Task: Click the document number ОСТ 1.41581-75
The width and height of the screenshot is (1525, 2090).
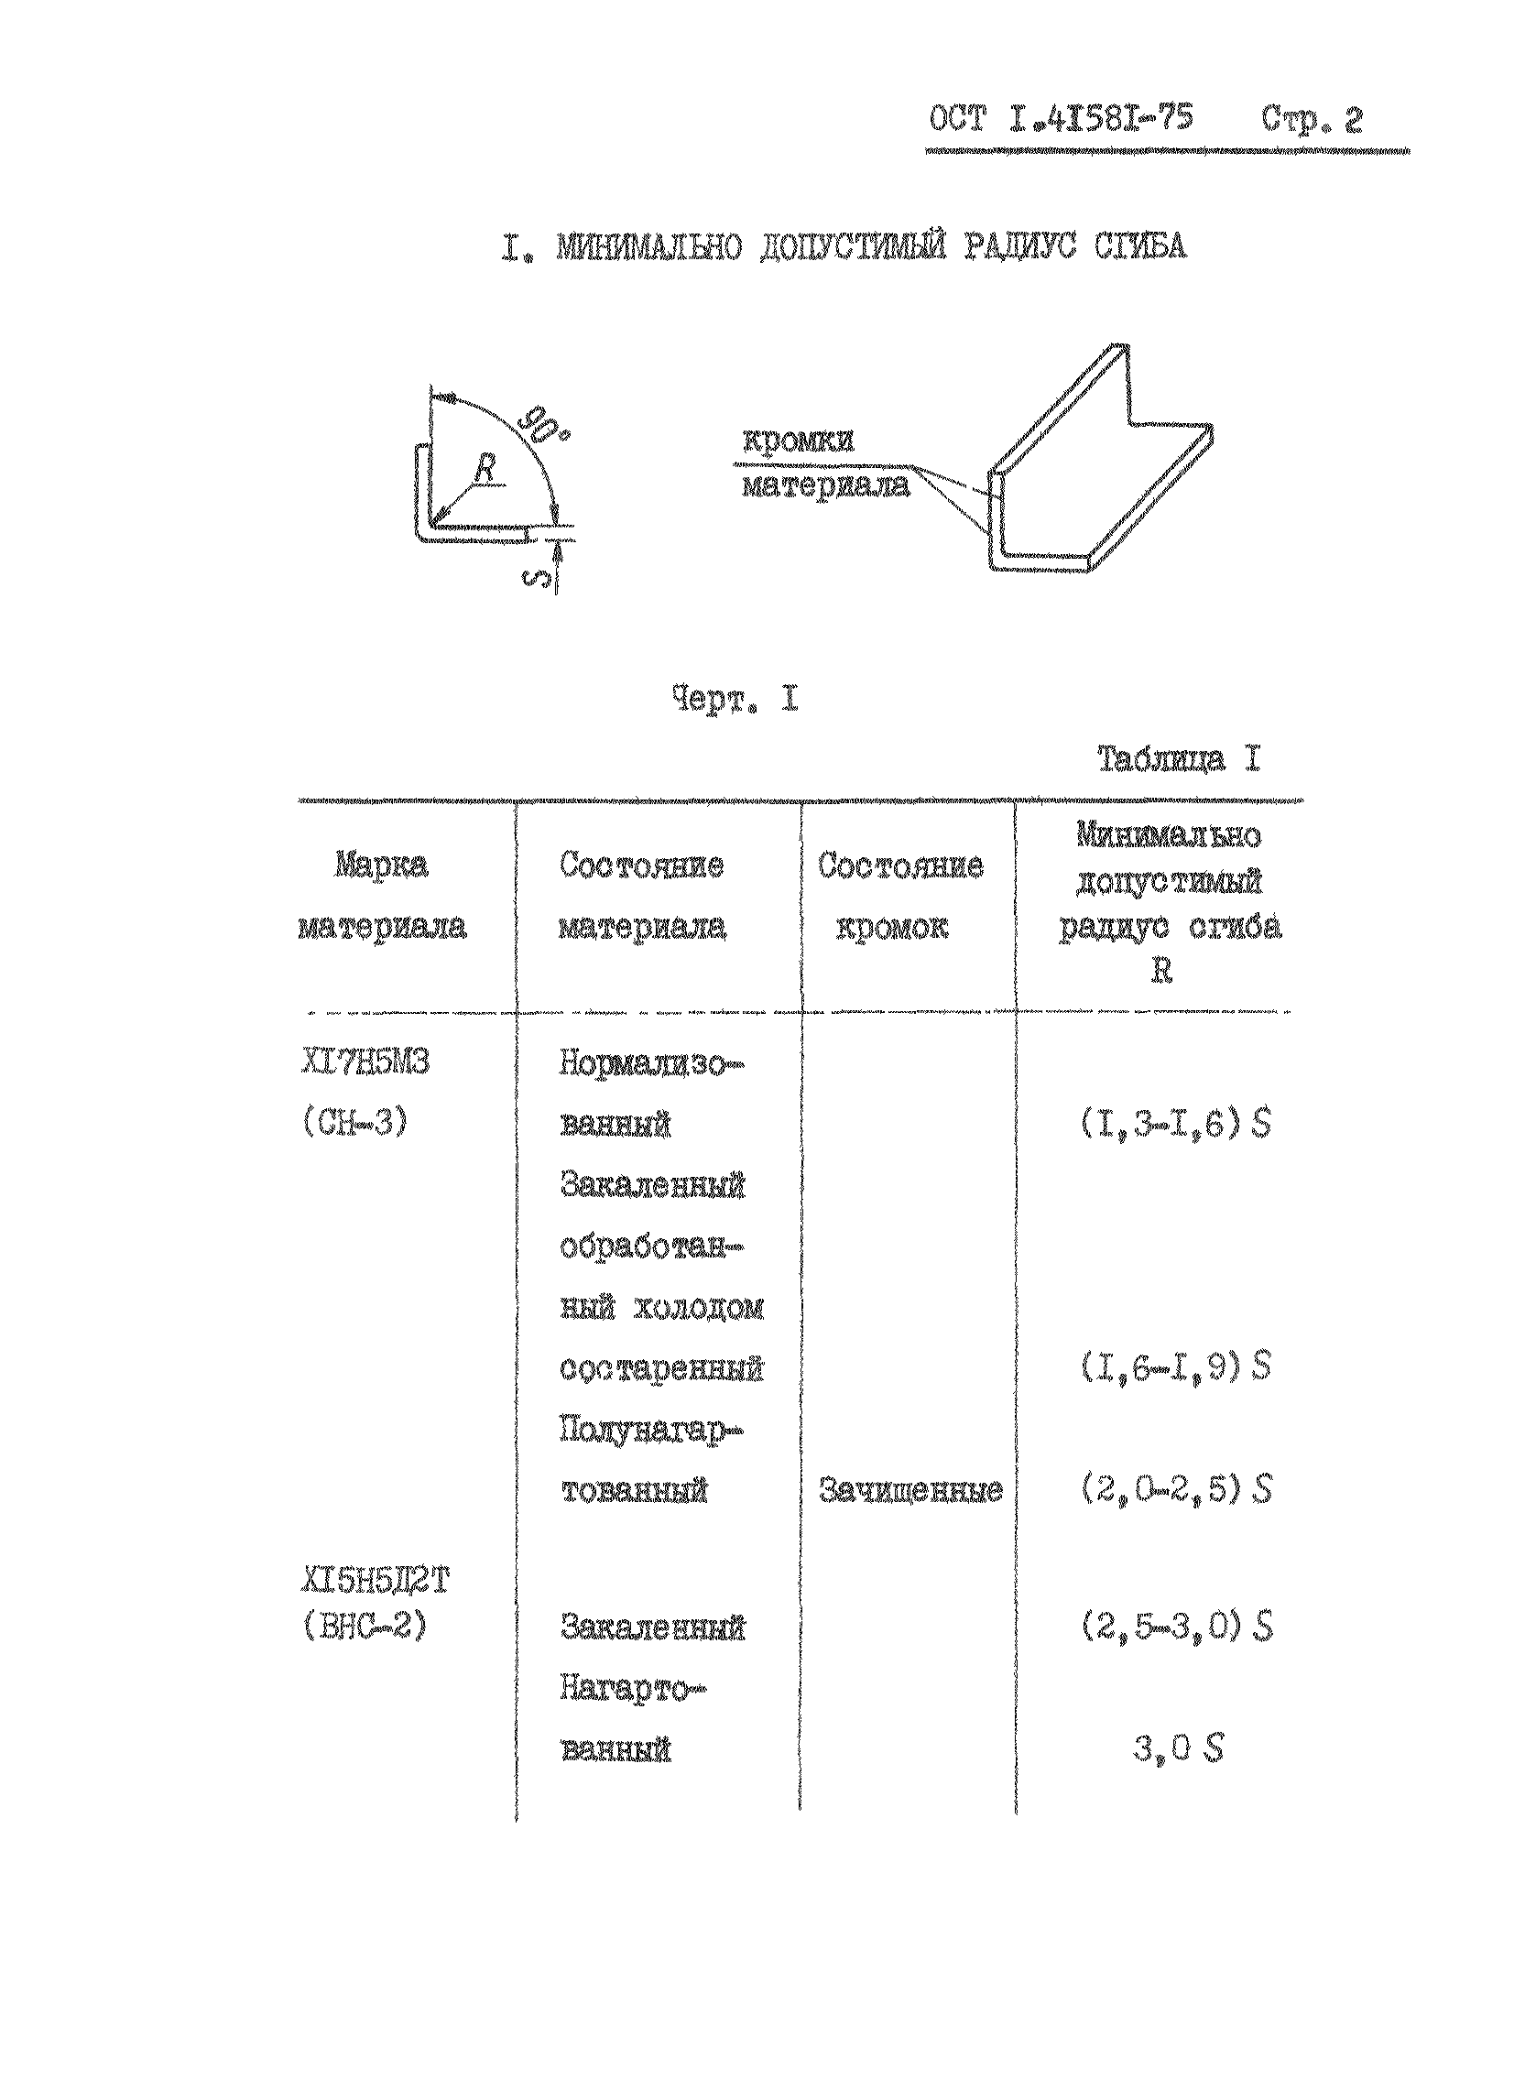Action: click(x=1061, y=120)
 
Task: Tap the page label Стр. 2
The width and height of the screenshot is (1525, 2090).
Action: click(x=1312, y=120)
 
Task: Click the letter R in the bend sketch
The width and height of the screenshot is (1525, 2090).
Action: click(x=485, y=469)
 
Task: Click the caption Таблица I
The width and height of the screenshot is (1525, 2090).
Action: click(x=1179, y=760)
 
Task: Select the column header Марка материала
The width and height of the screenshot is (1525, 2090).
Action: click(x=381, y=897)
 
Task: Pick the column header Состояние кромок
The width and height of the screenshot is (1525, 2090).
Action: click(x=900, y=897)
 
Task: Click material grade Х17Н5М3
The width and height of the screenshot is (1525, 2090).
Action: click(x=365, y=1063)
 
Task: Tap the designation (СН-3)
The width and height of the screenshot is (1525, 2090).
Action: click(x=354, y=1125)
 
